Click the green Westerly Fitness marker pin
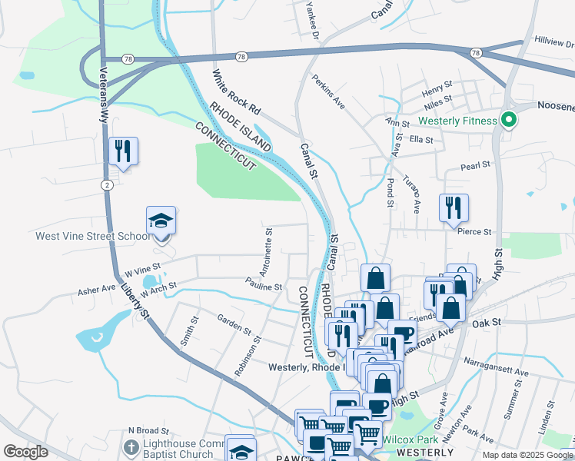(x=507, y=120)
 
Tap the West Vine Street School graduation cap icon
(x=161, y=221)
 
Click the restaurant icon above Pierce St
(x=454, y=207)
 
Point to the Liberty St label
(x=135, y=301)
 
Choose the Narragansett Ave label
(x=495, y=372)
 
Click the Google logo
(x=26, y=452)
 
